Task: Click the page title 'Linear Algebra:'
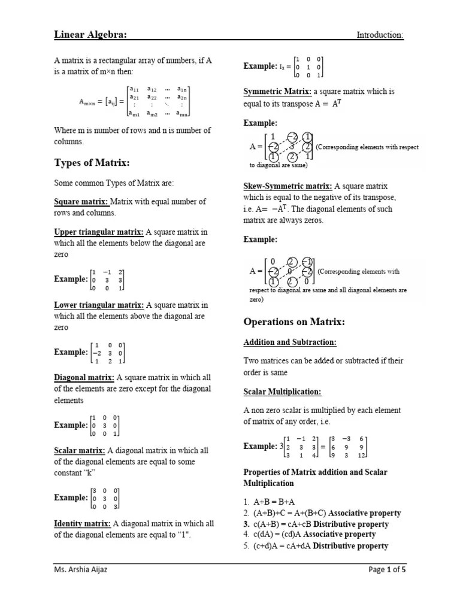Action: pos(90,35)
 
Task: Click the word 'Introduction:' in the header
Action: pos(380,35)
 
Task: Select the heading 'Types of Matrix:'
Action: pos(92,163)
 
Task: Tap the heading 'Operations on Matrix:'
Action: pos(294,322)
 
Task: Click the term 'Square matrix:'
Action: pos(80,202)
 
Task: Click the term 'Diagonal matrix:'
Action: pos(84,378)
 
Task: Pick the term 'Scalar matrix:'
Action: pos(80,451)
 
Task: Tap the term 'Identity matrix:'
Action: pos(83,524)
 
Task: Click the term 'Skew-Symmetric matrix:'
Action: pos(287,186)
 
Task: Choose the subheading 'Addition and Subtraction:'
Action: pos(290,342)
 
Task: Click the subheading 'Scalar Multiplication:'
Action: pos(282,392)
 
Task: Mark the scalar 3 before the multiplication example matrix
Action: pos(281,447)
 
